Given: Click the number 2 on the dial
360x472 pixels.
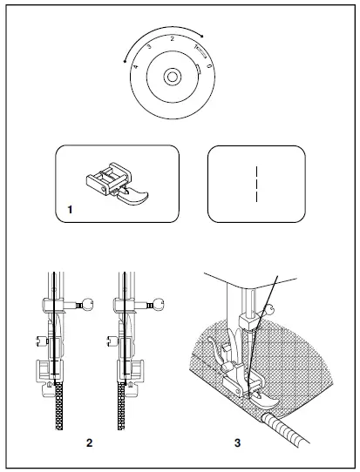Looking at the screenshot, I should click(173, 40).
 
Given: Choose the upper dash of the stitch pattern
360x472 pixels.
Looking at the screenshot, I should click(255, 172).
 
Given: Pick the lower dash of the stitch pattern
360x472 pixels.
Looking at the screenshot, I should click(255, 195).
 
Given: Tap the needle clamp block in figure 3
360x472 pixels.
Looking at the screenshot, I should click(251, 324).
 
